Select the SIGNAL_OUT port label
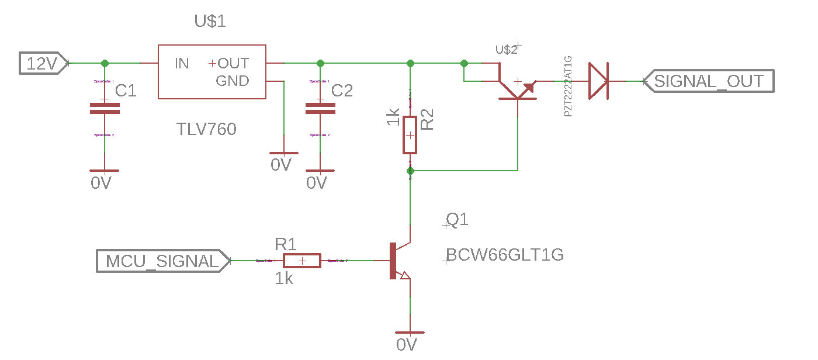coord(708,81)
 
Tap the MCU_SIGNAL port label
coord(162,261)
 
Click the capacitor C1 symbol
coord(105,108)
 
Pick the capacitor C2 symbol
coord(320,108)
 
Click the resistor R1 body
coord(302,261)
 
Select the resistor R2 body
coord(410,135)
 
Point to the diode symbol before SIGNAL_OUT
coord(598,81)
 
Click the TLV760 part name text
coord(206,129)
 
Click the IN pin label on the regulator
coord(182,63)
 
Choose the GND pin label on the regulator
coord(233,81)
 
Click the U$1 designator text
coord(210,22)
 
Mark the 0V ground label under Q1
coord(406,345)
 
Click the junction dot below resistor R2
coord(410,171)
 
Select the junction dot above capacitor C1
coord(105,63)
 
